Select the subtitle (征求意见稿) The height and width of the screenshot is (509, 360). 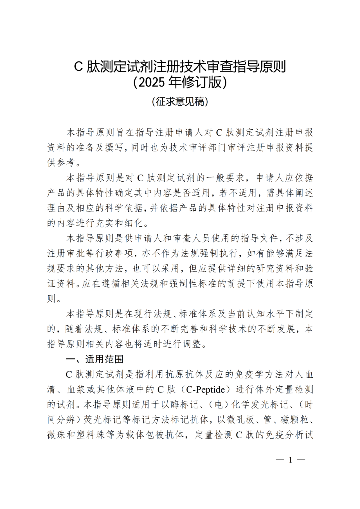(180, 101)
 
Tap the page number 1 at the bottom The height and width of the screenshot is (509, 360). (290, 460)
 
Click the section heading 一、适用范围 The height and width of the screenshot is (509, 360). (95, 359)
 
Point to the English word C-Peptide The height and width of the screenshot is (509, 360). (205, 389)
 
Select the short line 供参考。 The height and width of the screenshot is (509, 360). (64, 162)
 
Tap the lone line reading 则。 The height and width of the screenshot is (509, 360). (54, 299)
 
